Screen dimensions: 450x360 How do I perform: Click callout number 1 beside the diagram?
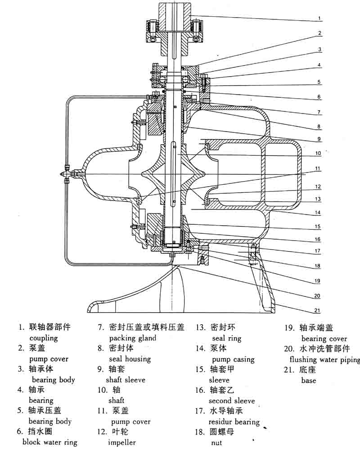click(x=319, y=18)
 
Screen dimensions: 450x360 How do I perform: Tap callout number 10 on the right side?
click(x=318, y=153)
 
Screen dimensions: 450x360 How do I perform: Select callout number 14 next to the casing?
click(x=318, y=212)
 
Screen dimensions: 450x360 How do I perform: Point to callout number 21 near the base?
click(x=317, y=310)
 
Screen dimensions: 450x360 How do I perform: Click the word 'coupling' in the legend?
click(x=44, y=338)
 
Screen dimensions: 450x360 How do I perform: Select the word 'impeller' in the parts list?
click(x=121, y=442)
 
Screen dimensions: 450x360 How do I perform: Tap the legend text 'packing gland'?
click(x=133, y=338)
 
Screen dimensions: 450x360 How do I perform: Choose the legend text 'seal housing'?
click(x=130, y=359)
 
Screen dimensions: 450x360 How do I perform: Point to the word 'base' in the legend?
click(x=309, y=380)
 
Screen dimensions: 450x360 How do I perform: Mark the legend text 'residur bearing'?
click(x=234, y=422)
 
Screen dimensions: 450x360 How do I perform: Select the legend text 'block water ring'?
click(x=50, y=442)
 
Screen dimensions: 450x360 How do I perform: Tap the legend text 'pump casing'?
click(x=233, y=359)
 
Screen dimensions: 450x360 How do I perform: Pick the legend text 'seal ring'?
click(x=226, y=338)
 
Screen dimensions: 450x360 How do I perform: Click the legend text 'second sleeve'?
click(x=232, y=400)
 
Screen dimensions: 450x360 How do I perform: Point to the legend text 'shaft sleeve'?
click(x=127, y=380)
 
